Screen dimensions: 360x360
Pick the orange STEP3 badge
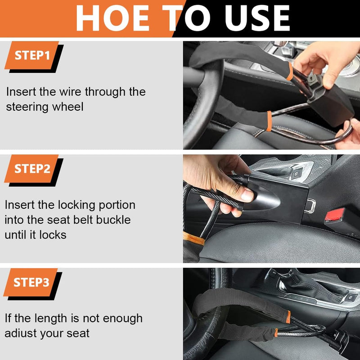(x=31, y=282)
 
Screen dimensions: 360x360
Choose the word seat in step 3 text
(x=76, y=333)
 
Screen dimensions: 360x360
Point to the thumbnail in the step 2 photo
(x=247, y=195)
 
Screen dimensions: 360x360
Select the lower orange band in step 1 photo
(x=269, y=121)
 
